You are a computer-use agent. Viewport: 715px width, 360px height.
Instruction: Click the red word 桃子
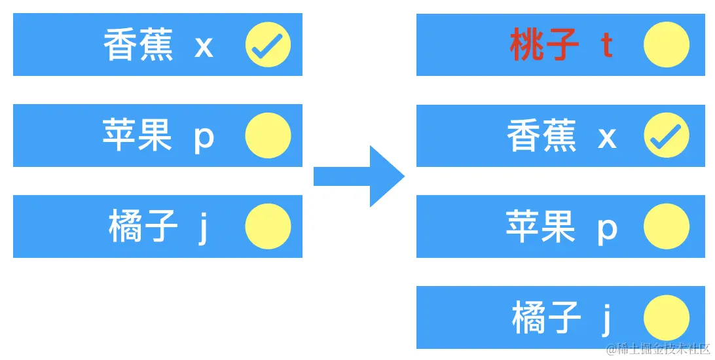544,45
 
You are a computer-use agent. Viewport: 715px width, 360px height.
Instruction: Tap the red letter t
607,45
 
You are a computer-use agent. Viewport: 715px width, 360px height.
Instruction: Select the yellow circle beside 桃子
666,45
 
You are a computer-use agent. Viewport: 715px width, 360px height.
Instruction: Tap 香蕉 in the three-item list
138,46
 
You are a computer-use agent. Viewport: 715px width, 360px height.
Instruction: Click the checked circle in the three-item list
268,45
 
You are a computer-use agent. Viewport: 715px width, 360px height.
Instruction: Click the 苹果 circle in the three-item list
268,135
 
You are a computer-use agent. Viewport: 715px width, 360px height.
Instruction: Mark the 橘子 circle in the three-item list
268,226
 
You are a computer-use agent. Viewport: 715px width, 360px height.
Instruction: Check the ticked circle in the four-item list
666,135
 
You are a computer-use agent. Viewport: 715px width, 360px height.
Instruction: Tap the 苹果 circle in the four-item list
666,226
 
